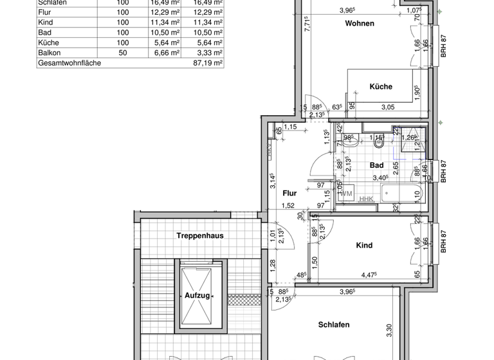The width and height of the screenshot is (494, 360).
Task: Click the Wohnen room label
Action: coord(360,24)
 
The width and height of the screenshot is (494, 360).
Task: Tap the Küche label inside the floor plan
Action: coord(380,87)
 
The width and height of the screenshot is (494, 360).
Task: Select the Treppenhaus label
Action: coord(200,236)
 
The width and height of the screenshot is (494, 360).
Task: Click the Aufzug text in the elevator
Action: coord(197,295)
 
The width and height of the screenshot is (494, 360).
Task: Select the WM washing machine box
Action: coord(346,194)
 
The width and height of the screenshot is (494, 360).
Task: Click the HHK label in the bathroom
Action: coord(366,199)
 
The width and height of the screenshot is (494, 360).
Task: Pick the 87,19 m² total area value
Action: coord(208,64)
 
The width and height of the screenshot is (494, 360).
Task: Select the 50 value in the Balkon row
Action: coord(122,53)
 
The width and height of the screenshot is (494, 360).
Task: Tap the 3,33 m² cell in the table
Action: coord(209,53)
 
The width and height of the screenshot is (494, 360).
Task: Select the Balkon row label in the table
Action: coord(50,53)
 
